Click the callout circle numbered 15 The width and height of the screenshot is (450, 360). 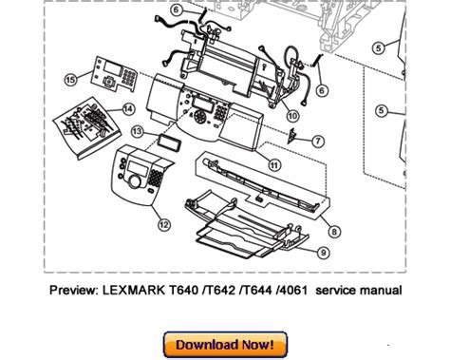click(x=70, y=79)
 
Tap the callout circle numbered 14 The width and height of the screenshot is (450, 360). click(x=128, y=109)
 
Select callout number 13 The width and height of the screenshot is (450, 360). click(x=137, y=131)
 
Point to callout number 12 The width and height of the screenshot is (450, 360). click(x=163, y=225)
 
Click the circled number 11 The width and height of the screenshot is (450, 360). click(x=274, y=164)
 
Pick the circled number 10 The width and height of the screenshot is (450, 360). click(x=292, y=116)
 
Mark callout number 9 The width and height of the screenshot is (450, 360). click(x=323, y=253)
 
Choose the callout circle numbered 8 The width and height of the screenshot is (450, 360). click(x=334, y=232)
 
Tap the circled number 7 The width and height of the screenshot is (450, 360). click(x=318, y=141)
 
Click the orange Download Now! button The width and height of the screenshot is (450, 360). click(x=225, y=345)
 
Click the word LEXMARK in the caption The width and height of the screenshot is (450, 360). click(x=133, y=290)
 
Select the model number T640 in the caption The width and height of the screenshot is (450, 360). click(x=183, y=290)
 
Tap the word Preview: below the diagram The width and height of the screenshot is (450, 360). click(x=74, y=290)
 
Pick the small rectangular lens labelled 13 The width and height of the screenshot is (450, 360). click(x=170, y=142)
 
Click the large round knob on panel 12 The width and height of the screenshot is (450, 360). click(x=135, y=181)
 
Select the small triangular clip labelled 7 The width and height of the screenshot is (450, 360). click(x=291, y=136)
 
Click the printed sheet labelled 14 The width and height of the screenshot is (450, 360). click(x=87, y=126)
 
